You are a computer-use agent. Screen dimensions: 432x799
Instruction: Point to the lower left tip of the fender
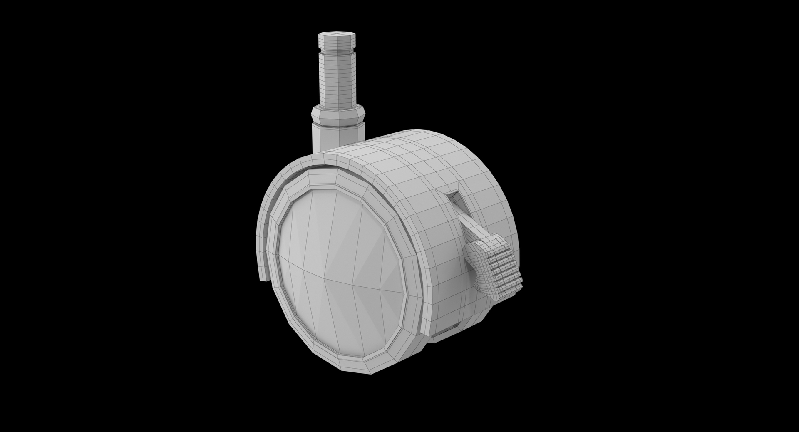click(263, 275)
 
